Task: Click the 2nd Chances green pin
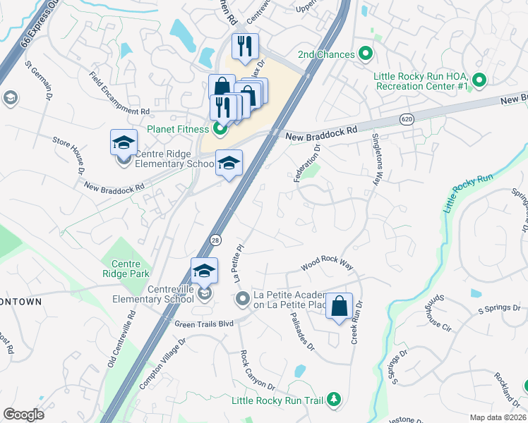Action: pyautogui.click(x=366, y=54)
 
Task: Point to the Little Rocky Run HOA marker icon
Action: pyautogui.click(x=479, y=80)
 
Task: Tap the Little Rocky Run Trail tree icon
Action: pyautogui.click(x=333, y=400)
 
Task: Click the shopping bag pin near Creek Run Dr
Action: pyautogui.click(x=340, y=307)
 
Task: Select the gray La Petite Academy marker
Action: pyautogui.click(x=243, y=300)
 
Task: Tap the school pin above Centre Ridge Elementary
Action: pyautogui.click(x=124, y=143)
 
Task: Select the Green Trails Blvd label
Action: pyautogui.click(x=204, y=324)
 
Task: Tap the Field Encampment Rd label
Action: pyautogui.click(x=119, y=93)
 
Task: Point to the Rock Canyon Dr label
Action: pyautogui.click(x=257, y=371)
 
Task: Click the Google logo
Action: pyautogui.click(x=23, y=414)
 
